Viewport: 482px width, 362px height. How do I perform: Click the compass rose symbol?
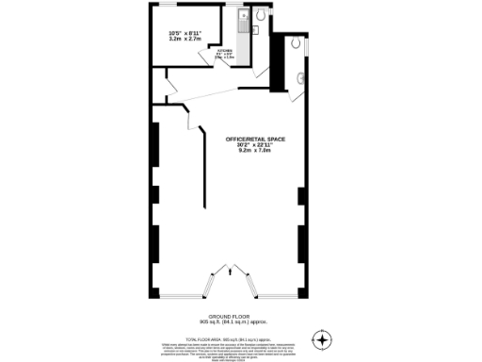[324, 338]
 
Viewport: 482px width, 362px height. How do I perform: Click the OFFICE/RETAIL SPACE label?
[255, 140]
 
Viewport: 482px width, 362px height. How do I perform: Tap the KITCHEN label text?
[225, 49]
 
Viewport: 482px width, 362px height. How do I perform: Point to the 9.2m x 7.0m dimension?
[255, 151]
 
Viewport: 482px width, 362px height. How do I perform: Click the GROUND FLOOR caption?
[227, 317]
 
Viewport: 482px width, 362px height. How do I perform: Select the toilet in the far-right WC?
[297, 42]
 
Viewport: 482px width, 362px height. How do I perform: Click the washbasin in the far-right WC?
[302, 77]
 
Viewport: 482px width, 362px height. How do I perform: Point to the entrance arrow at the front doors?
[231, 274]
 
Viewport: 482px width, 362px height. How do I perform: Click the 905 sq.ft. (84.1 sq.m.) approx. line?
[227, 322]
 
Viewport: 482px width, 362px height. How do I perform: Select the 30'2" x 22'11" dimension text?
[255, 145]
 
